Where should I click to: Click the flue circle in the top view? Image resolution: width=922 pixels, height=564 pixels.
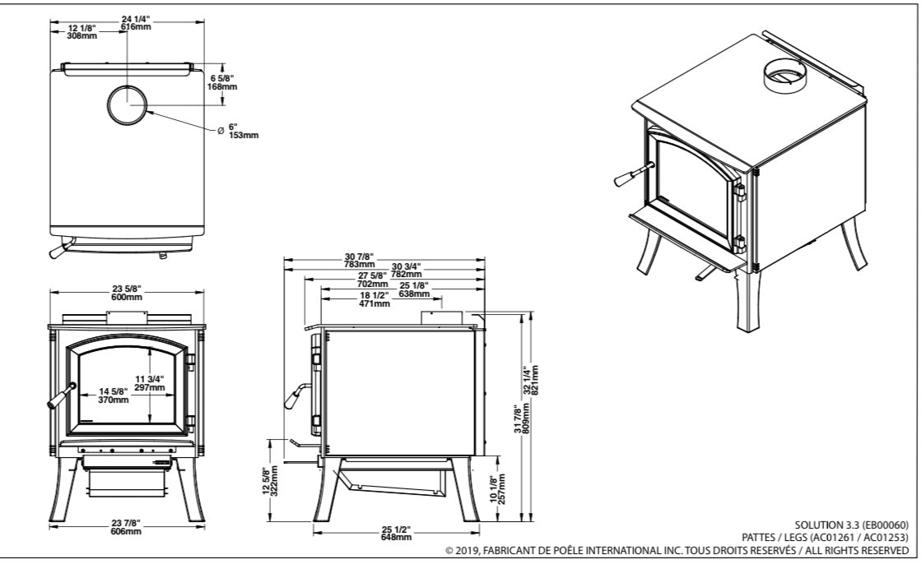tap(128, 104)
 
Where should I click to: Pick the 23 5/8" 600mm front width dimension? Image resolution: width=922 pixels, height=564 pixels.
tap(127, 293)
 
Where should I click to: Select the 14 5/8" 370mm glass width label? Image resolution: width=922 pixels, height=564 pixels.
tap(114, 395)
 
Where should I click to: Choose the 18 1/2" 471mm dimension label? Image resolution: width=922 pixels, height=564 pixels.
tap(375, 300)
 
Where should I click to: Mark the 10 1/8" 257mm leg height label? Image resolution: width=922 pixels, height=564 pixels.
tap(496, 489)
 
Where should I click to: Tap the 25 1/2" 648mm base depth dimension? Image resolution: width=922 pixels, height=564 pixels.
tap(396, 533)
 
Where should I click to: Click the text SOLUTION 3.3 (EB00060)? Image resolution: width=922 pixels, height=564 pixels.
tap(851, 524)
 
